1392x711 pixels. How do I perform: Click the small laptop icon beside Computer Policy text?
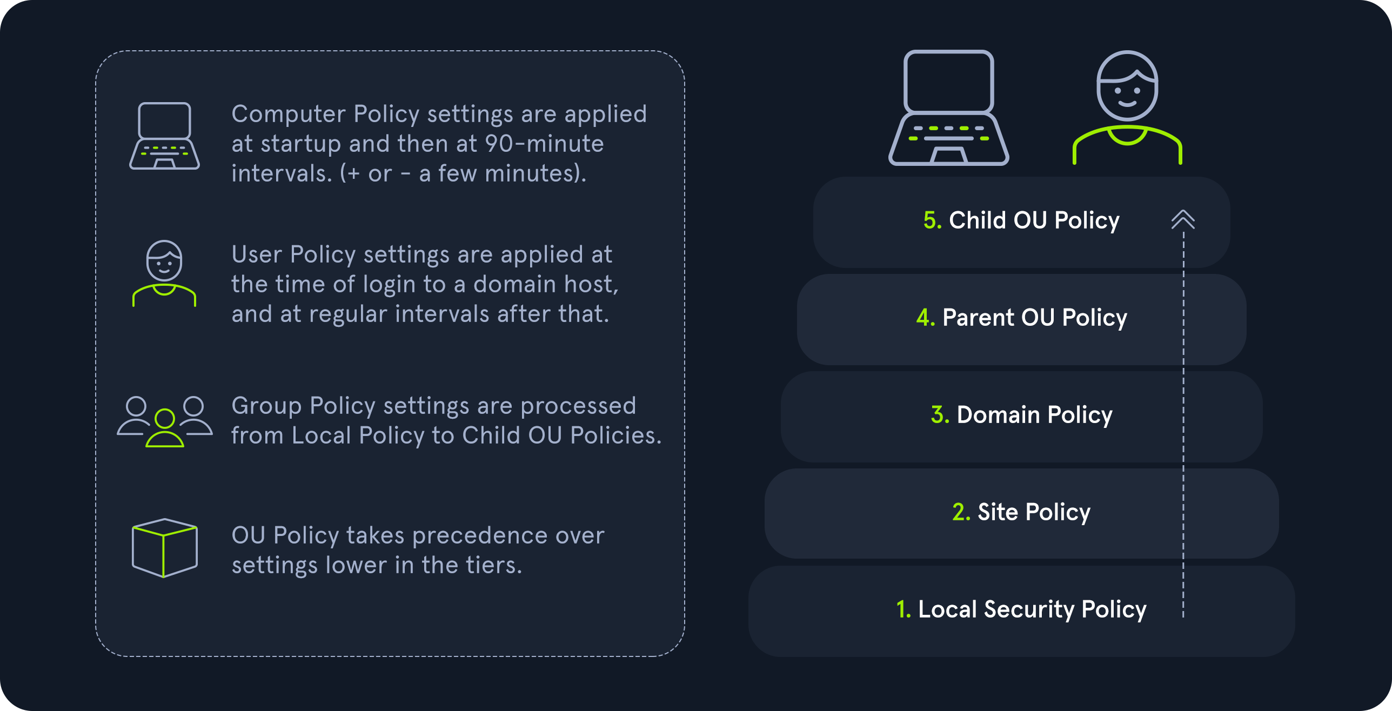164,136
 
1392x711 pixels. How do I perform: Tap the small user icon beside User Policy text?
164,273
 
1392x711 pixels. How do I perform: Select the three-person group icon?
165,421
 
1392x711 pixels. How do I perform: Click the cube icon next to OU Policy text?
165,548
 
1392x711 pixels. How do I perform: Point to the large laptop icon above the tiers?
949,108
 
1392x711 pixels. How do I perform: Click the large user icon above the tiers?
1127,108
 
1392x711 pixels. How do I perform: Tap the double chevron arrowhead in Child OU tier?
1183,219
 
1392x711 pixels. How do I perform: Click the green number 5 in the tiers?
933,220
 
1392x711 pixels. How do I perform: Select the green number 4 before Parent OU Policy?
926,318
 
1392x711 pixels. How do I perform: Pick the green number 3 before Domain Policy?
940,415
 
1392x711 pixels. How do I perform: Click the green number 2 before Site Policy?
961,512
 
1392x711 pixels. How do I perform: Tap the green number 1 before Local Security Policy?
904,609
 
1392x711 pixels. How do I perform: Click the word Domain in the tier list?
998,415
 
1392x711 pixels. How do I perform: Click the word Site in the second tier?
998,512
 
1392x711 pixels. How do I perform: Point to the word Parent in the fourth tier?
978,318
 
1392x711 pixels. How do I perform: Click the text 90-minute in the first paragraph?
544,144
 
